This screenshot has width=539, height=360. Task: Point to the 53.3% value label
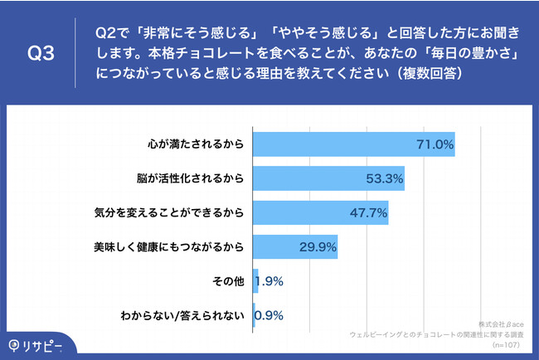coord(384,178)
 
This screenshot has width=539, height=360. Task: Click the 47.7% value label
coord(368,212)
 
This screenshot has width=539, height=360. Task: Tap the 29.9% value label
coord(318,246)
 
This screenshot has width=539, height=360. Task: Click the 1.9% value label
coord(269,281)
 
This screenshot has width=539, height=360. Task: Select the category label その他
coord(227,281)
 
